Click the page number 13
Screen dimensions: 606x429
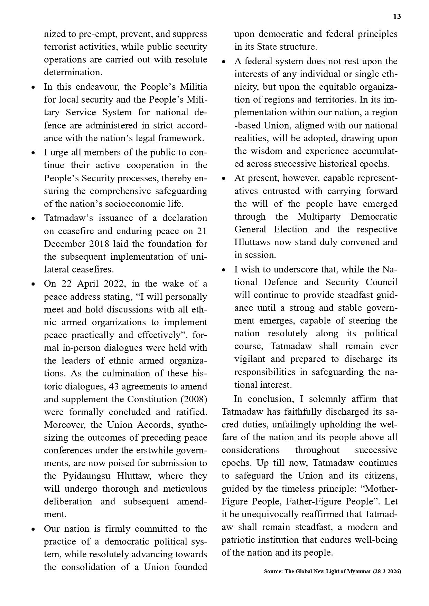click(x=397, y=17)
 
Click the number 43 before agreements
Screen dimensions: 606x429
click(x=114, y=386)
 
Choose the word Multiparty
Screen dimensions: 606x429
click(x=319, y=217)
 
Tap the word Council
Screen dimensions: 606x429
click(x=381, y=282)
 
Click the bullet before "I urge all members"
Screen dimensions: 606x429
click(x=33, y=153)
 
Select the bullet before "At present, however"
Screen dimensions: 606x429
click(x=224, y=179)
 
